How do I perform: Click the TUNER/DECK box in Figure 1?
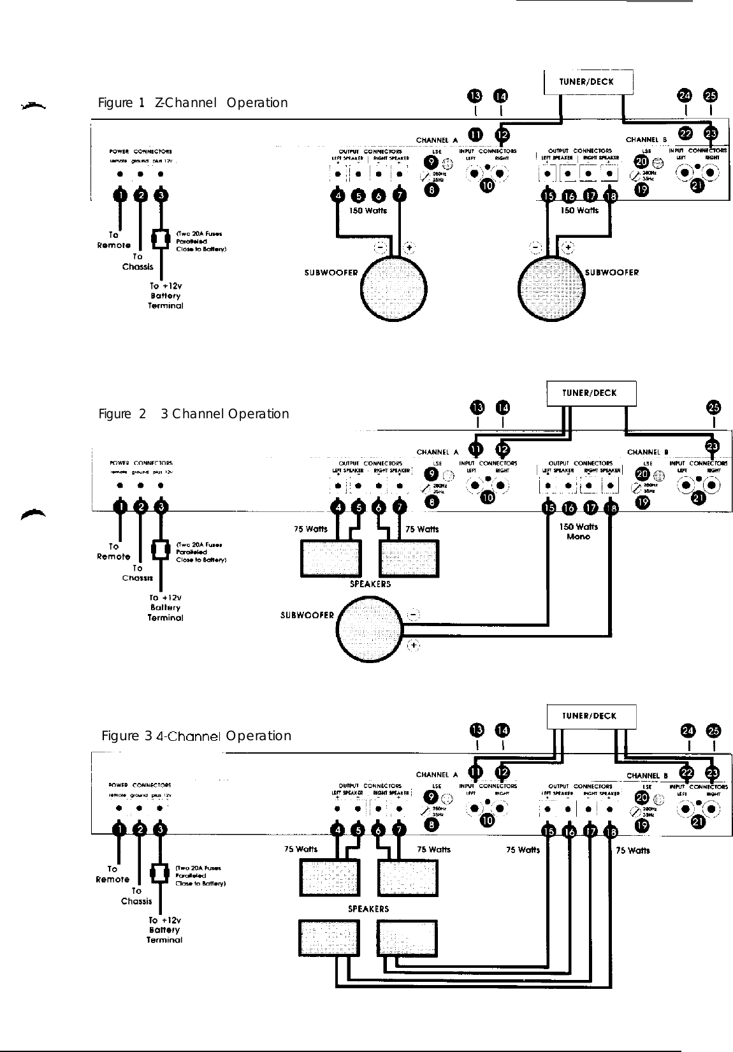[x=588, y=82]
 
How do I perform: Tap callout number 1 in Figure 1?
[x=120, y=195]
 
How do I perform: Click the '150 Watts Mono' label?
[x=578, y=531]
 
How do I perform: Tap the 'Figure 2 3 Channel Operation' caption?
[x=194, y=414]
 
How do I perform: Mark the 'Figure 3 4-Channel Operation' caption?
[x=196, y=736]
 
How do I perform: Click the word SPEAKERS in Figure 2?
[x=370, y=583]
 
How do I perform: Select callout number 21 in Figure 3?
[x=699, y=822]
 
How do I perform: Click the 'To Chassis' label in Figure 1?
[x=138, y=261]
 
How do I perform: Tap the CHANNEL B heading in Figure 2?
[x=648, y=452]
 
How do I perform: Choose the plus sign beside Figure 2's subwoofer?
[x=414, y=646]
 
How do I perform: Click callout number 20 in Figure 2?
[x=642, y=474]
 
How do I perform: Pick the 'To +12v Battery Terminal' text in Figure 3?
[x=164, y=930]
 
